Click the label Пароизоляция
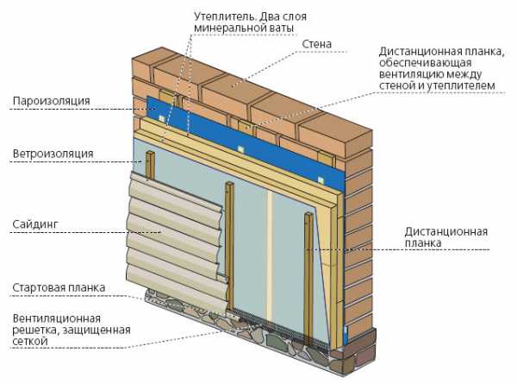click(x=51, y=101)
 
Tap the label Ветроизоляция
click(x=53, y=154)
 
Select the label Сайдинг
click(x=35, y=224)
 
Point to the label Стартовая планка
click(x=59, y=287)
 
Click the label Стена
click(x=316, y=44)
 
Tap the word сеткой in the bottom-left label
click(x=30, y=341)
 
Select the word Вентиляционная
click(x=56, y=318)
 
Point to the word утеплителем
click(x=461, y=85)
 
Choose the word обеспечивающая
click(x=425, y=63)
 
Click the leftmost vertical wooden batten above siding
click(x=150, y=165)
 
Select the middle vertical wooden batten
click(x=230, y=246)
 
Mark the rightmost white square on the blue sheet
click(x=321, y=180)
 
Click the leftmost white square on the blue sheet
click(x=161, y=118)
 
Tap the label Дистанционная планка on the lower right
click(x=445, y=237)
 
